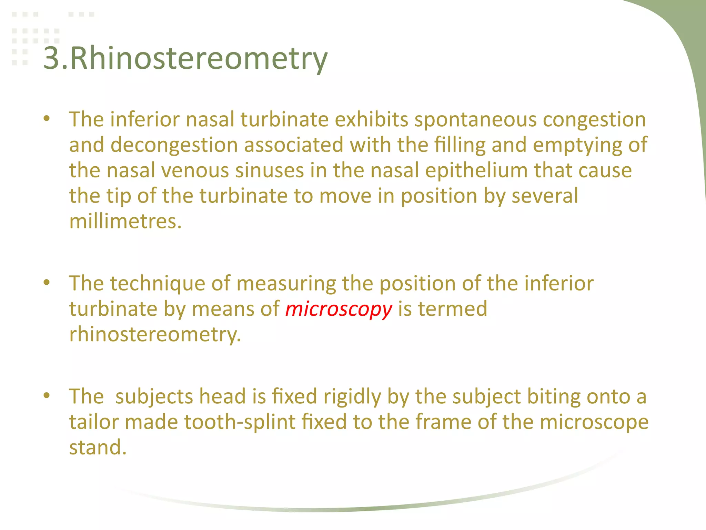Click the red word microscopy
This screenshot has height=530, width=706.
click(x=339, y=308)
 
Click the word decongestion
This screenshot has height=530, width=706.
click(x=174, y=145)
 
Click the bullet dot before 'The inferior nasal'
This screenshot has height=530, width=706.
click(x=47, y=119)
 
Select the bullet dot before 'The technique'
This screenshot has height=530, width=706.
click(x=47, y=283)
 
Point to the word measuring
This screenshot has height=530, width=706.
click(x=286, y=283)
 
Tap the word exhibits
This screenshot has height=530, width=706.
click(x=372, y=119)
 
